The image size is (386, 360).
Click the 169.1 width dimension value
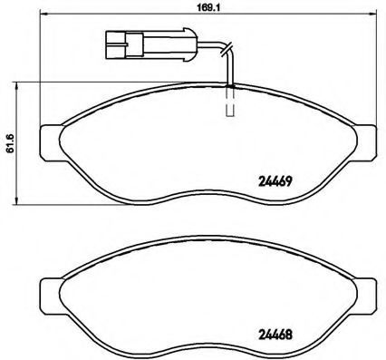point(208,7)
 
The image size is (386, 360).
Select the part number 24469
point(275,181)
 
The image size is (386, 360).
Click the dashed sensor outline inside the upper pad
point(230,102)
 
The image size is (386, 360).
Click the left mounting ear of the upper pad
point(51,141)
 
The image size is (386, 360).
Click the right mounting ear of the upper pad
point(366,141)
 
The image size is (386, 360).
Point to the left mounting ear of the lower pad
point(51,295)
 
